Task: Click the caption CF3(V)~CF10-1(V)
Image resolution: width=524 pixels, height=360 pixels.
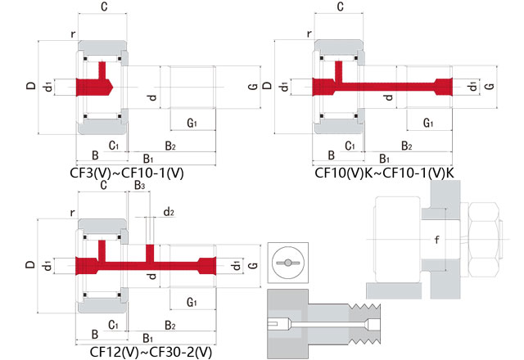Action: [x=128, y=173]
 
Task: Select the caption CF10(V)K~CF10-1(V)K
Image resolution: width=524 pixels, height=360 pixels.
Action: [x=384, y=173]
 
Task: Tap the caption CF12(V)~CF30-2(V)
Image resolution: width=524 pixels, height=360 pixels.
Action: [x=151, y=352]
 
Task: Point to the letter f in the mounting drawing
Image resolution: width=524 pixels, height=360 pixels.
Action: [x=437, y=240]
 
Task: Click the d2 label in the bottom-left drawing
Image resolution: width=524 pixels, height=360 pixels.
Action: [x=169, y=212]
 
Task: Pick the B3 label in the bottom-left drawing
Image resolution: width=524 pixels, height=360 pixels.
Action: [x=140, y=187]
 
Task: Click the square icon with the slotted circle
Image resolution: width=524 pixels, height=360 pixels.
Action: [x=287, y=262]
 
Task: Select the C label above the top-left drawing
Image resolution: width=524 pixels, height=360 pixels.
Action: [x=103, y=7]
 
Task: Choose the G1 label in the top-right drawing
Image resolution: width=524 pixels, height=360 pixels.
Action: [x=428, y=123]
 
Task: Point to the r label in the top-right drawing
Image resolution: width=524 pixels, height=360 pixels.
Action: [x=309, y=34]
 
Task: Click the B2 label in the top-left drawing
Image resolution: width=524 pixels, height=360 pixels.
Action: [x=170, y=145]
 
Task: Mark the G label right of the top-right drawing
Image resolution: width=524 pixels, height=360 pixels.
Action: [x=490, y=86]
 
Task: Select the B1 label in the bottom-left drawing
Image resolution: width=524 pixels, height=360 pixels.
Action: [x=148, y=337]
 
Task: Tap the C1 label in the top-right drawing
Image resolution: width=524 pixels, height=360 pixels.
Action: [x=350, y=145]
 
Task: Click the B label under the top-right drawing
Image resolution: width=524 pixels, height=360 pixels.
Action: [x=331, y=155]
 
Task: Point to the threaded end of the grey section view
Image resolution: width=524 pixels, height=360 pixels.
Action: [x=368, y=323]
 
